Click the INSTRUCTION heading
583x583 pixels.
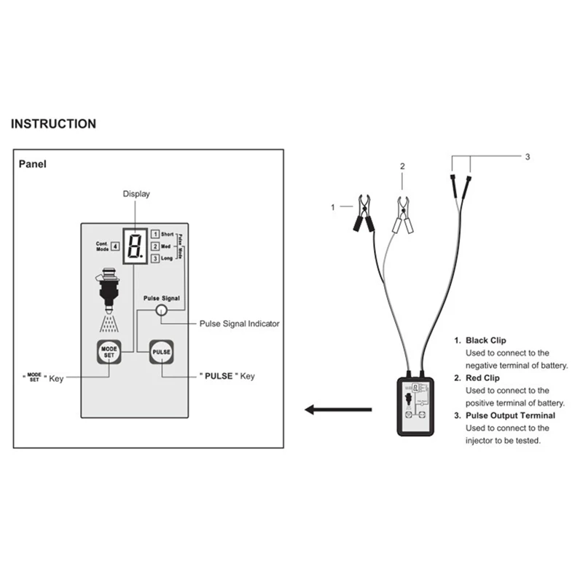pos(53,124)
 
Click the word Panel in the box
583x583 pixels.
pos(32,164)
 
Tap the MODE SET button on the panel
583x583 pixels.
pos(108,352)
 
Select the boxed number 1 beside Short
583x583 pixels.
pos(155,234)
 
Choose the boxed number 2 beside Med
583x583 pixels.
pos(155,246)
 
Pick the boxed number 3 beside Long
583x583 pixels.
pos(155,259)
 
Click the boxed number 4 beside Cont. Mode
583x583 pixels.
pos(115,246)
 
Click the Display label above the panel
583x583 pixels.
pos(136,193)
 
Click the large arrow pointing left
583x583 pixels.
pos(328,410)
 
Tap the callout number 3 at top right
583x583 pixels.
pos(528,156)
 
